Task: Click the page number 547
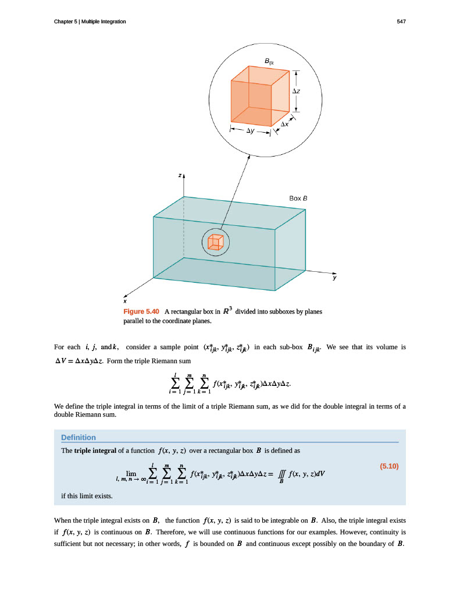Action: coord(401,22)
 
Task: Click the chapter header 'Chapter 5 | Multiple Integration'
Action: coord(90,22)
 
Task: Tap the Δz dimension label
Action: coord(296,91)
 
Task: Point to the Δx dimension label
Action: coord(285,125)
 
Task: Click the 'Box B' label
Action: coord(298,198)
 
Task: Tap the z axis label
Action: coord(180,175)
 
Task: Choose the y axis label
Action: coord(334,278)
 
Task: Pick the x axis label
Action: coord(124,301)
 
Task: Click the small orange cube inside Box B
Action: coord(215,242)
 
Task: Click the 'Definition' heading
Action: coord(79,437)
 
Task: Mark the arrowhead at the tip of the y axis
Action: coord(334,272)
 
